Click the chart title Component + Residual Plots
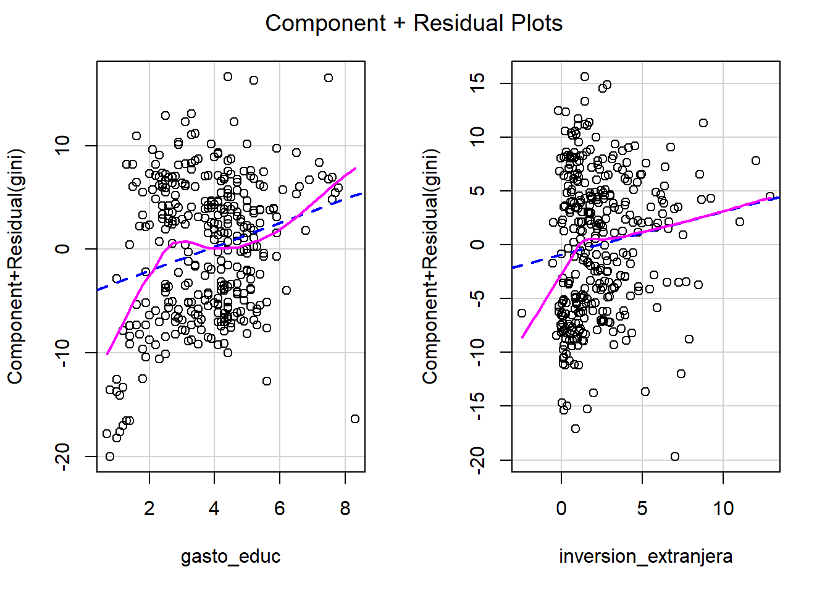414,23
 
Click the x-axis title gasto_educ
230,557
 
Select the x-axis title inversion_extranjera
645,557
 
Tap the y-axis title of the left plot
15,266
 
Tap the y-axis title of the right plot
430,266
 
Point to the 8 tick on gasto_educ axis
345,508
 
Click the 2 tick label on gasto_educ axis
149,508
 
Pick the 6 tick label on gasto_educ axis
280,508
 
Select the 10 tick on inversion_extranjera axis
723,508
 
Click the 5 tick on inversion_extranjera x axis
642,508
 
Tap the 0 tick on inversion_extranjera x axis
561,508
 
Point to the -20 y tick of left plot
63,456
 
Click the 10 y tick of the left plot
63,146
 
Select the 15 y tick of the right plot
478,83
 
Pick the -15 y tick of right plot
478,406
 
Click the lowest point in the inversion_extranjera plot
675,456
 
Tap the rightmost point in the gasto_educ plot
355,419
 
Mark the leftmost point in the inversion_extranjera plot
522,313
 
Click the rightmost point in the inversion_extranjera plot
769,196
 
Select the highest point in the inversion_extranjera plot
585,77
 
